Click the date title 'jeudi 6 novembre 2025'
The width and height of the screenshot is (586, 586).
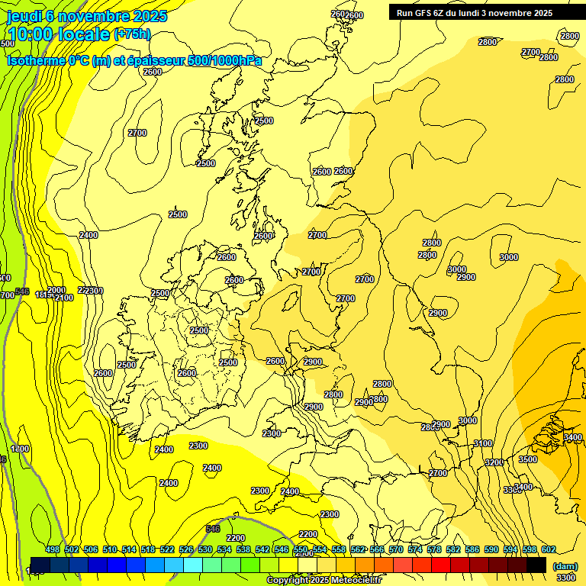(x=85, y=16)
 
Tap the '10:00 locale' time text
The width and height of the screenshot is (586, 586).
(x=59, y=34)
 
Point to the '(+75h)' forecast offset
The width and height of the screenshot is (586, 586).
(x=132, y=34)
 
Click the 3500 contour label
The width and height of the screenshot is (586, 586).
(x=527, y=460)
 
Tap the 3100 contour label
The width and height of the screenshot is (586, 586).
(x=483, y=443)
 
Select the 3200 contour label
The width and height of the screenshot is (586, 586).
(x=494, y=463)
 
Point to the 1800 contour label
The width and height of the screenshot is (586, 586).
(x=20, y=449)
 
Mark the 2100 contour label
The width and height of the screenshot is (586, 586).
(x=64, y=298)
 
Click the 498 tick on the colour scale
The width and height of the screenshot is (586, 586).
(x=53, y=549)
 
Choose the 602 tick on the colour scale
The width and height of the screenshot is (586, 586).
(x=549, y=549)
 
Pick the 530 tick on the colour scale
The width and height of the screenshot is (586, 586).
(x=205, y=549)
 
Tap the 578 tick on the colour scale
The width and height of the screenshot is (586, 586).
(x=434, y=549)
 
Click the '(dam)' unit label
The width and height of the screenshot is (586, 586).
(x=565, y=565)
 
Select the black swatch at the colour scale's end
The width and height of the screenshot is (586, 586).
(x=536, y=565)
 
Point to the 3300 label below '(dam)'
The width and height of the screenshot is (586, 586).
(x=566, y=578)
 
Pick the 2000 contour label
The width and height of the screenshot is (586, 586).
(x=56, y=290)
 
